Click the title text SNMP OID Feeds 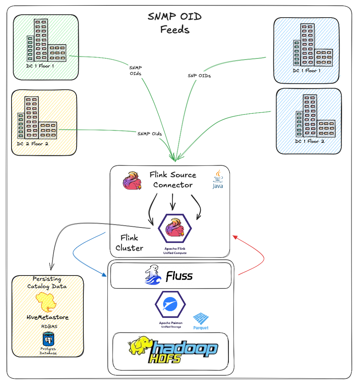pyautogui.click(x=175, y=23)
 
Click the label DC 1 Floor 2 pyautogui.click(x=310, y=141)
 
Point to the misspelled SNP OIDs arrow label pyautogui.click(x=199, y=76)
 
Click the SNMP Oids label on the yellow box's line pyautogui.click(x=150, y=134)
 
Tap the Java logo pyautogui.click(x=217, y=179)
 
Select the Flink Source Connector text pyautogui.click(x=173, y=180)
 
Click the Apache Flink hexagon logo pyautogui.click(x=175, y=230)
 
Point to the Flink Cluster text pyautogui.click(x=129, y=243)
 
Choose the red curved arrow pyautogui.click(x=258, y=256)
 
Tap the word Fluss pyautogui.click(x=179, y=276)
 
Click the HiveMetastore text pyautogui.click(x=48, y=317)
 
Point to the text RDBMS pyautogui.click(x=48, y=326)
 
